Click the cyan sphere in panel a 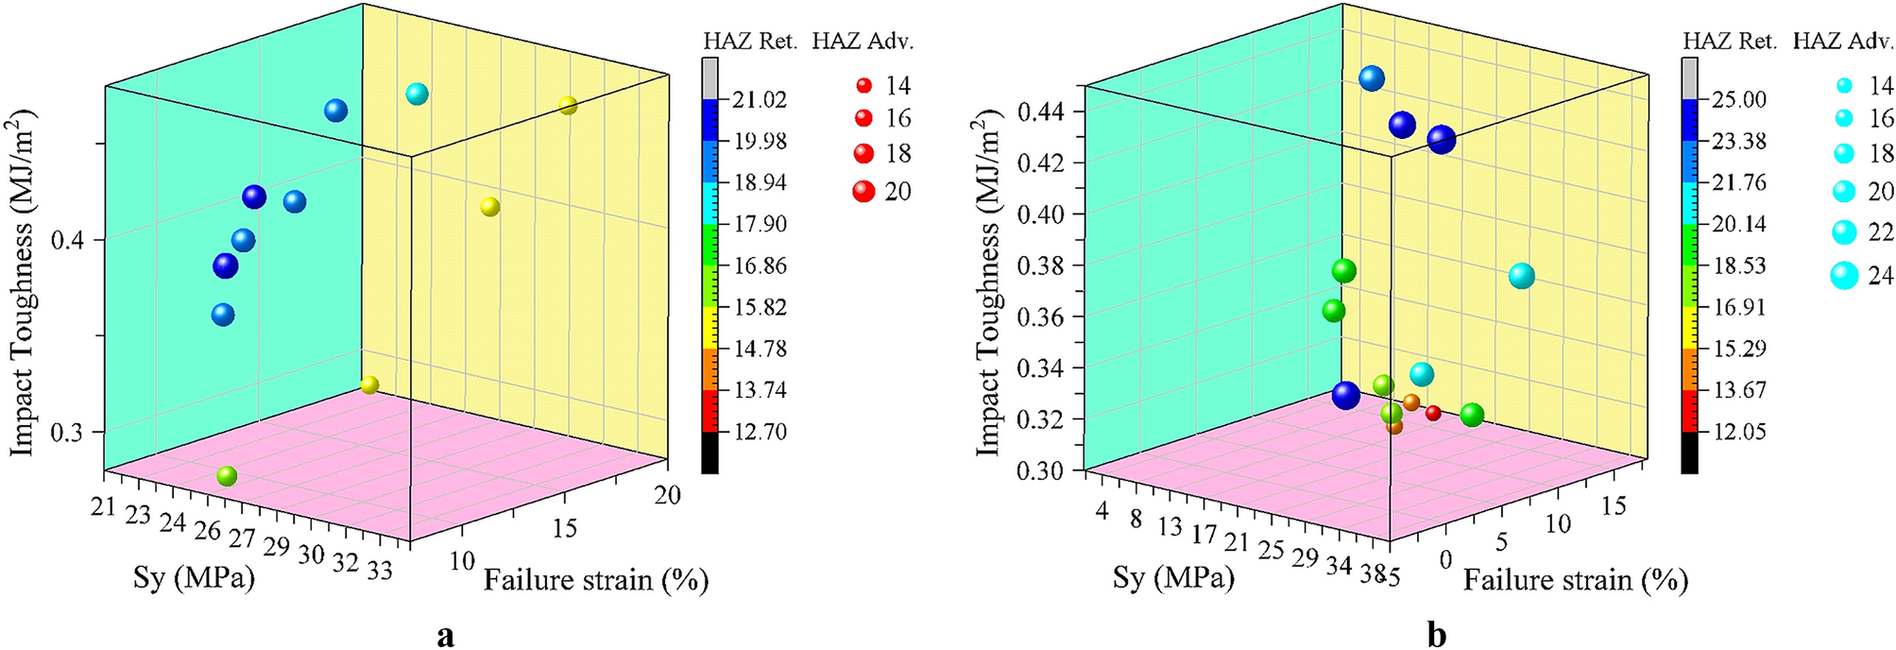417,94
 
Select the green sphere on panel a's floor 227,476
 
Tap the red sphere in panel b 1433,413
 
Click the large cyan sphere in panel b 1521,277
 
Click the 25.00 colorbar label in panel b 1739,100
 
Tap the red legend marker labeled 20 863,192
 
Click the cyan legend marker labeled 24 1844,275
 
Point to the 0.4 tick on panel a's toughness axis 73,240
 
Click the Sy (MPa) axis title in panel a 194,577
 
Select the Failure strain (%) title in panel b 1575,580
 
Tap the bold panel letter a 445,636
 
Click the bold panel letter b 1437,635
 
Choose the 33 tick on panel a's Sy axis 380,571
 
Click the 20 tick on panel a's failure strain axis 667,495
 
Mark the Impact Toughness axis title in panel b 987,283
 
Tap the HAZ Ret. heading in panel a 750,42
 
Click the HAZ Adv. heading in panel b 1842,42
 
